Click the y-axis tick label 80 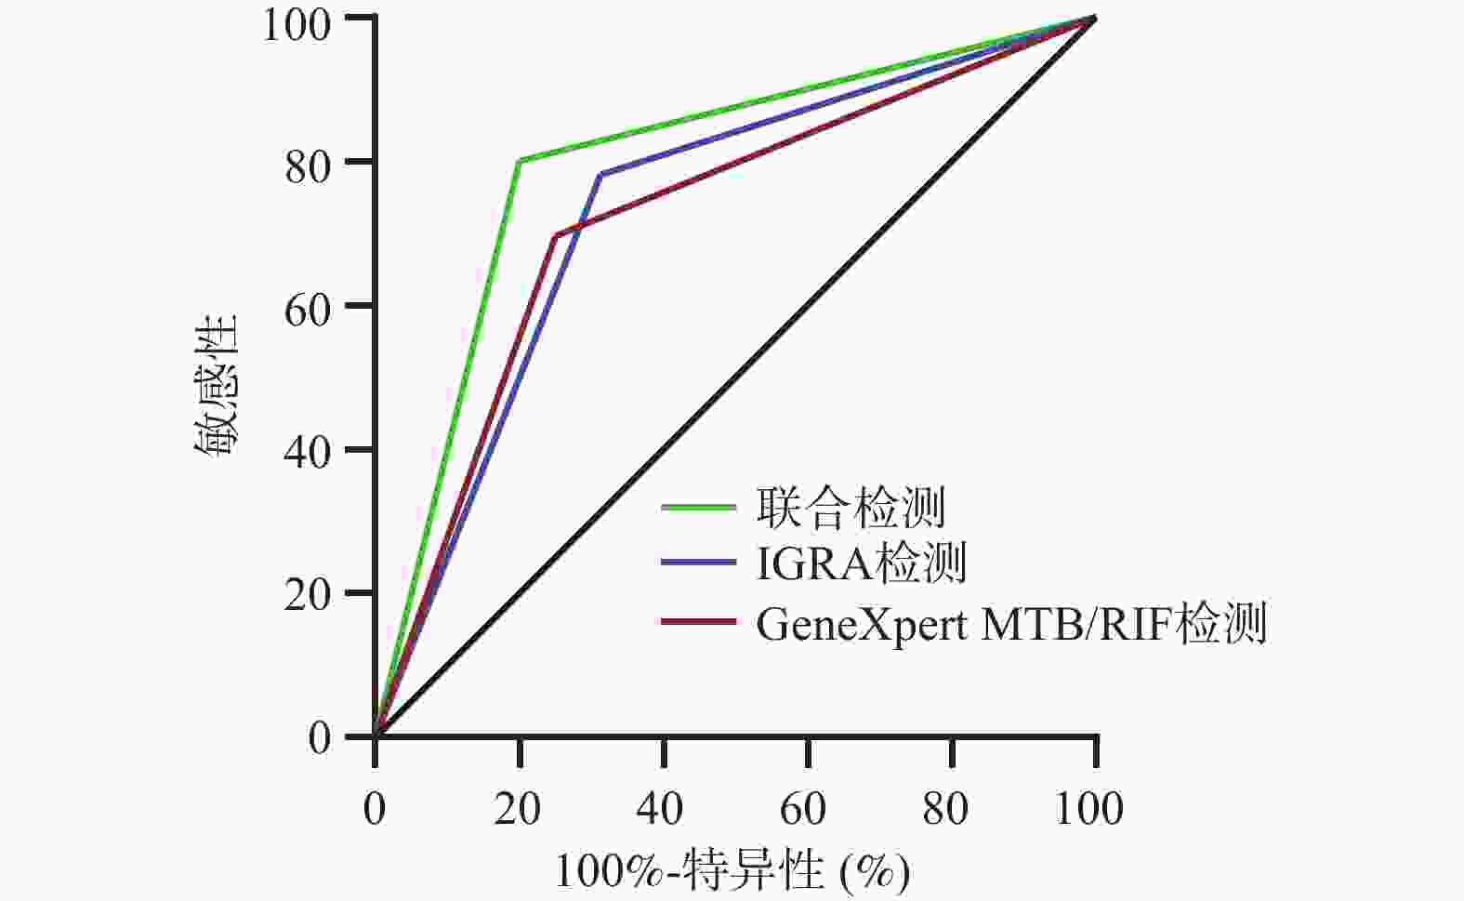307,163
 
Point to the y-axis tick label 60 307,307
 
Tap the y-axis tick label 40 307,451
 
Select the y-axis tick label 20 307,594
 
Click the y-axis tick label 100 296,21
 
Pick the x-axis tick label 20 518,808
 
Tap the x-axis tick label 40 662,808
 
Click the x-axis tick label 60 806,808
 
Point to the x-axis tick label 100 1090,808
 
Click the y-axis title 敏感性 216,385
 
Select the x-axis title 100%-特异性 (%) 732,871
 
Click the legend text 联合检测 851,508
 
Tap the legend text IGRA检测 861,563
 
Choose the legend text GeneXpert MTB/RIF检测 1010,623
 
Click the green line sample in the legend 699,507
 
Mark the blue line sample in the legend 699,563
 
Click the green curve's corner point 520,161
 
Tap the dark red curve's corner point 555,236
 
